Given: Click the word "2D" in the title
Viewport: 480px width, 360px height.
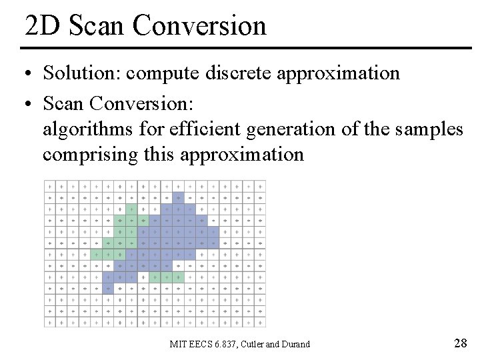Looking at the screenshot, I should [42, 25].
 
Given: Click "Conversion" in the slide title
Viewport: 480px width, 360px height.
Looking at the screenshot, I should [199, 25].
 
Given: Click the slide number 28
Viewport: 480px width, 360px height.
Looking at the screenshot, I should [460, 343].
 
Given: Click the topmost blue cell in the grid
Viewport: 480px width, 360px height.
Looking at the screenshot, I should [178, 198].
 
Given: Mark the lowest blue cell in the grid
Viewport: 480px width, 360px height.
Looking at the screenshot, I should [108, 288].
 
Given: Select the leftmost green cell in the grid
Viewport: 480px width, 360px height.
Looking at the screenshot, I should [97, 254].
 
